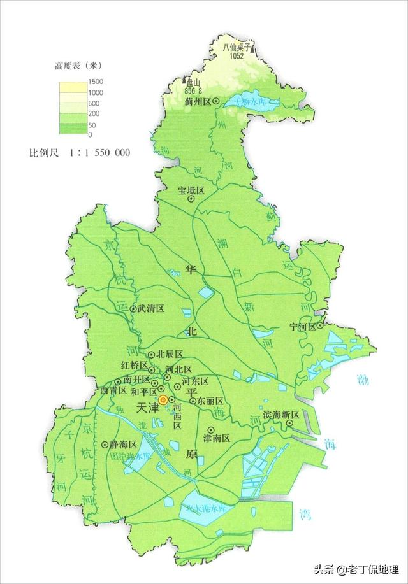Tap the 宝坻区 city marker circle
tap(191, 199)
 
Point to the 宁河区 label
tap(302, 327)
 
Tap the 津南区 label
tap(216, 439)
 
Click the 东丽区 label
tap(210, 401)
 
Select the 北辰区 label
tap(170, 354)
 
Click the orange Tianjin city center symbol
tap(163, 400)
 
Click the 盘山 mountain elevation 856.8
tap(191, 90)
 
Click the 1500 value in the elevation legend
tap(87, 82)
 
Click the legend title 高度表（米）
tap(76, 66)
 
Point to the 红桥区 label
tap(135, 366)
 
